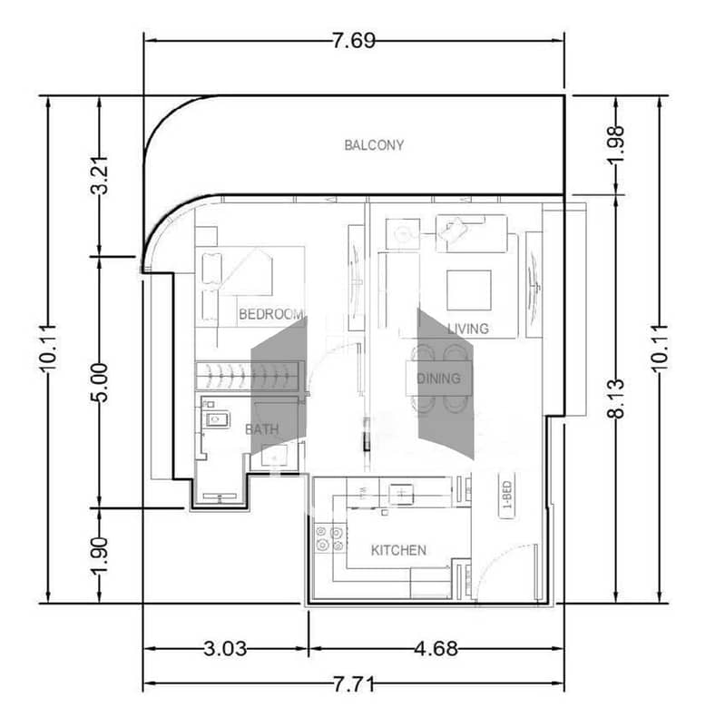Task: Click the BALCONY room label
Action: click(374, 145)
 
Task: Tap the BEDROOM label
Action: click(271, 314)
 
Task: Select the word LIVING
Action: click(468, 329)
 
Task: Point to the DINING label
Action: click(438, 379)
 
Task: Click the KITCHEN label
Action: click(398, 550)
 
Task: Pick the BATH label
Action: click(261, 429)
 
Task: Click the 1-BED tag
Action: click(507, 495)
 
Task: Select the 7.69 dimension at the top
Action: click(354, 41)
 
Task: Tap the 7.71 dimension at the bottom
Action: click(354, 684)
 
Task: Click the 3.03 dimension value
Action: click(225, 649)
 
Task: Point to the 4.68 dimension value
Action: click(436, 649)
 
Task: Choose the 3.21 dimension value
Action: click(99, 175)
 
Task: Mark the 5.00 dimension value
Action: click(99, 382)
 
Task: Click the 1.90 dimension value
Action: click(99, 556)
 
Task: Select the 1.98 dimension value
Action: click(616, 144)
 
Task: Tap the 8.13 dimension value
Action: click(616, 398)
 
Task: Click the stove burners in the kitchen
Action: click(329, 538)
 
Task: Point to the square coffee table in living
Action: click(469, 290)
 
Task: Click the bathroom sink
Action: click(217, 420)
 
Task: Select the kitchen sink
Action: click(401, 493)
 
